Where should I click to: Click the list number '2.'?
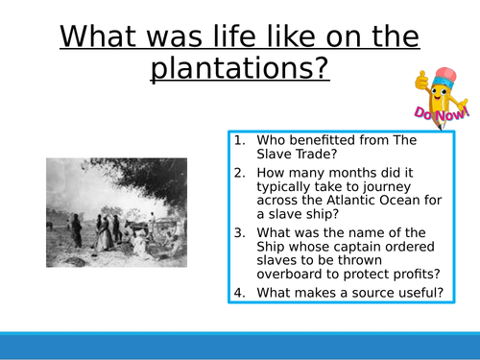(239, 174)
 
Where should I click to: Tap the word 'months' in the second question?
(340, 174)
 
